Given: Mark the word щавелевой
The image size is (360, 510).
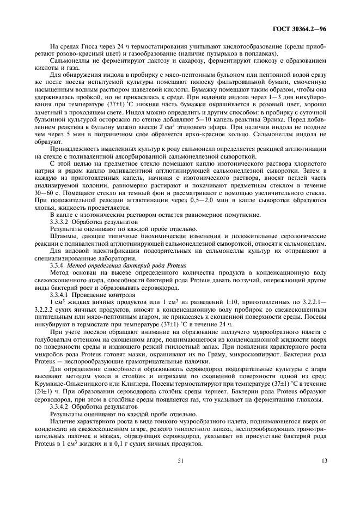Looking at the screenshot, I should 131,88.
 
